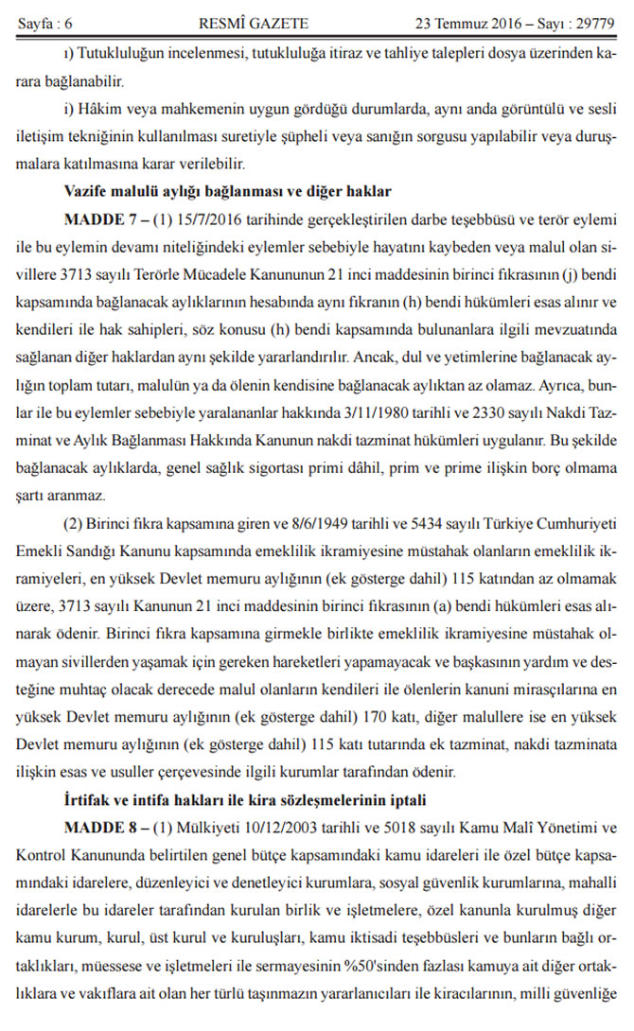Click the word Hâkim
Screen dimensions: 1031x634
click(x=100, y=112)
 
